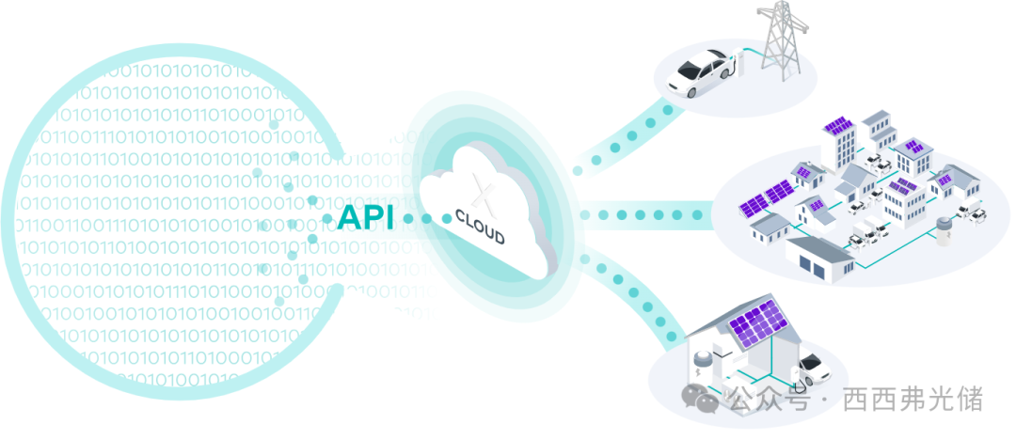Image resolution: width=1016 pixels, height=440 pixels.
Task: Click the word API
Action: pos(365,217)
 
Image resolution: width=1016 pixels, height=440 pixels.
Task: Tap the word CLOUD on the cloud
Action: pos(480,227)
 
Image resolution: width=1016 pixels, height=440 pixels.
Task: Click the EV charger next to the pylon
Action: pos(739,64)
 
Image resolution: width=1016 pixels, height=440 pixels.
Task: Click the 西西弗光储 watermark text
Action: pos(913,398)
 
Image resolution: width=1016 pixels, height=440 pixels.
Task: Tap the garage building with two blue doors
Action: pos(820,259)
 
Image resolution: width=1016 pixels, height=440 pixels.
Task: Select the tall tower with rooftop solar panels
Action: pos(839,144)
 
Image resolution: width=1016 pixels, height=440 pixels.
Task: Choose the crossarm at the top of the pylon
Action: pos(784,12)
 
